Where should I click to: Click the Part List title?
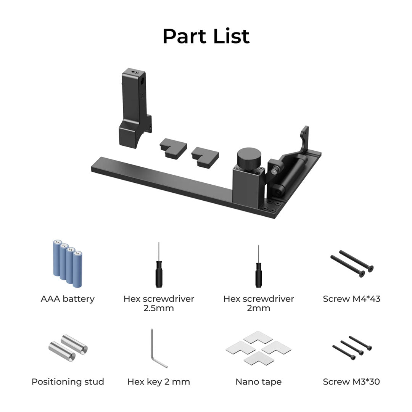point(206,36)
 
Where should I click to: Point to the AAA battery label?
point(68,299)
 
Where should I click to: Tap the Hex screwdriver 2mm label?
point(259,303)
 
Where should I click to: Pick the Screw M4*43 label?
point(351,299)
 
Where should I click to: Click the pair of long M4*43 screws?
point(352,264)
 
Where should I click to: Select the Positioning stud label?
point(68,381)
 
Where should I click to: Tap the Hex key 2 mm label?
point(159,381)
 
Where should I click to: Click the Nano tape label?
point(258,381)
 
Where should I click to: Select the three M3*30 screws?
point(352,348)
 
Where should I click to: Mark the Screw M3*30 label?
point(351,381)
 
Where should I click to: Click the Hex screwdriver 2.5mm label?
point(159,303)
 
